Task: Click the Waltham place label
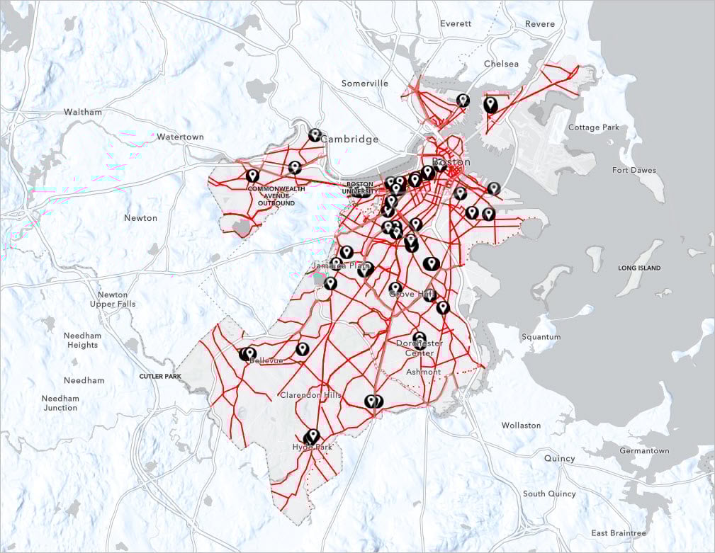coord(83,112)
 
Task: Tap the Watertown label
coord(180,137)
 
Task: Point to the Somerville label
coord(365,84)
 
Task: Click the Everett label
coord(455,23)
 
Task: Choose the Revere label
coord(540,24)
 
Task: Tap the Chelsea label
coord(501,64)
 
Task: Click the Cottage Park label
coord(593,127)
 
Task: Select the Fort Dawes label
coord(634,170)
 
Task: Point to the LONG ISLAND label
coord(639,268)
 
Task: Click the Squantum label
coord(541,337)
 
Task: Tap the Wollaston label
coord(521,426)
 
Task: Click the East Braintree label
coord(619,533)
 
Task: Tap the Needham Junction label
coord(60,403)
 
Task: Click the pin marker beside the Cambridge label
coord(315,135)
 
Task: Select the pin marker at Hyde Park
coord(312,436)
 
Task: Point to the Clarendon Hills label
coord(310,395)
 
